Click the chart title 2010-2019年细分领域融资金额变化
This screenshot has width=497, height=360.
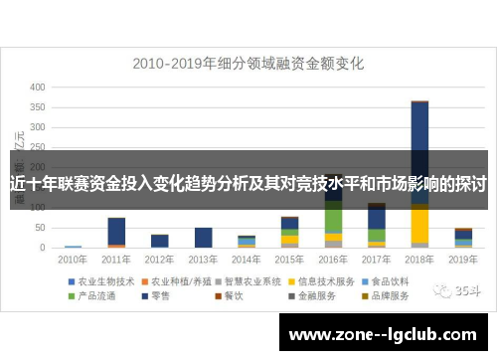pos(248,64)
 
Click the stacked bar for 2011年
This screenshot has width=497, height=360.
pos(116,232)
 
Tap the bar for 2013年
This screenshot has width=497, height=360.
pos(203,237)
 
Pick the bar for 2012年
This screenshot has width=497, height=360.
pos(160,240)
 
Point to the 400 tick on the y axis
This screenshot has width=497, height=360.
pos(38,88)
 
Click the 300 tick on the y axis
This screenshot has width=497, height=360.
pos(38,127)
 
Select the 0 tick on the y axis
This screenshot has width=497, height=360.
pos(42,247)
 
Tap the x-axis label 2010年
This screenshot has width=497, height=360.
pos(73,260)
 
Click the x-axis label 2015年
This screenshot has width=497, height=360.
pos(289,260)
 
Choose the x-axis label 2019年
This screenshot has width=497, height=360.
pos(462,260)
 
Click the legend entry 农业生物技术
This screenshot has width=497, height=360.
pos(105,281)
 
